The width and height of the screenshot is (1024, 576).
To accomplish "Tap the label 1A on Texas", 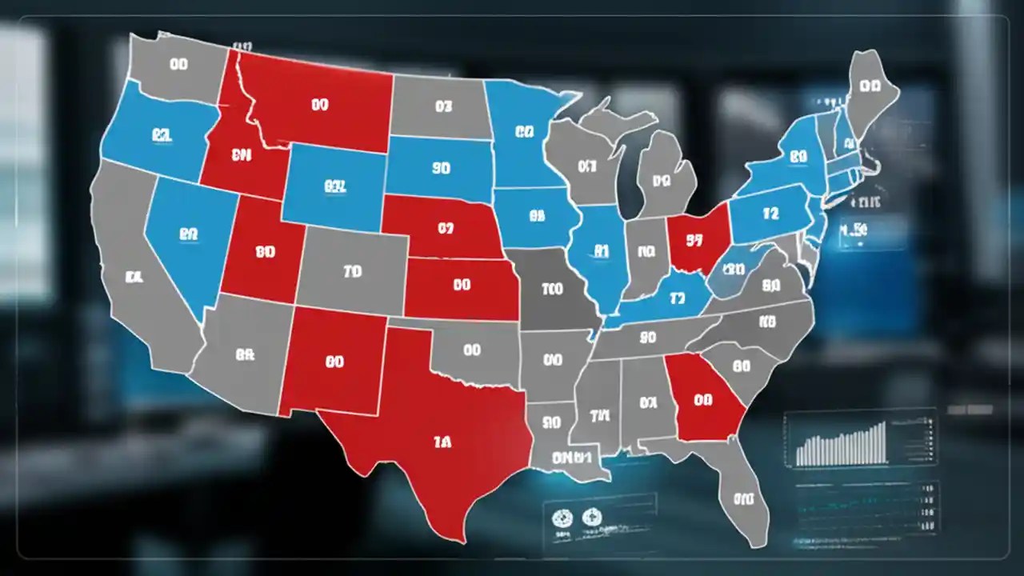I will (x=441, y=442).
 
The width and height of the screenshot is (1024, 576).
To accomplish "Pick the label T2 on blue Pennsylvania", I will (x=770, y=214).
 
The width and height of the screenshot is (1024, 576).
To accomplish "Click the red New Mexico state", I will (x=334, y=362).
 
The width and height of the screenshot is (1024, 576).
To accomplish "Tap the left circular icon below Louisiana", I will (x=561, y=518).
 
